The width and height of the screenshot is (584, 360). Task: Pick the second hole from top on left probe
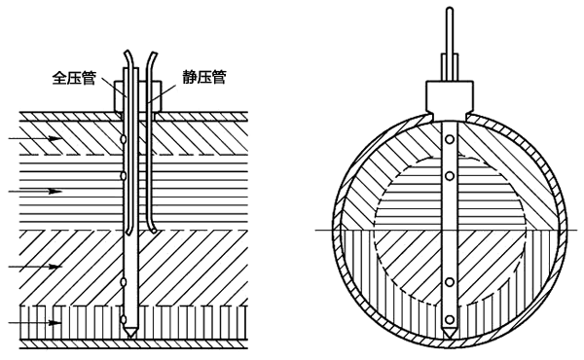(124, 176)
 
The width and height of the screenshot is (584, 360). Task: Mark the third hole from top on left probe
(124, 281)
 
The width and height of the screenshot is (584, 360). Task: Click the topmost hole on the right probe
(450, 140)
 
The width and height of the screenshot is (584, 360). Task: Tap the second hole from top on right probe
(450, 175)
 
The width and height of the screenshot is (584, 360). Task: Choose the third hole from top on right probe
(450, 281)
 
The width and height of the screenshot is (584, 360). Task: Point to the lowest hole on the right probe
(450, 316)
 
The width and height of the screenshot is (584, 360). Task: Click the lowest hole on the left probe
(124, 316)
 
